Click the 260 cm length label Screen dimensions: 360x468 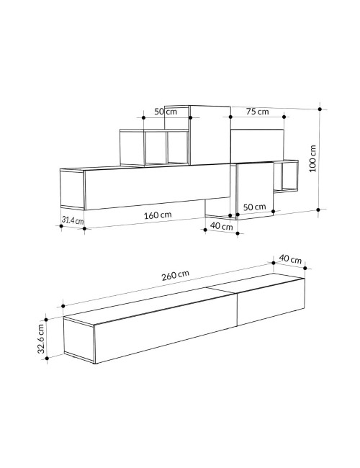click(x=175, y=276)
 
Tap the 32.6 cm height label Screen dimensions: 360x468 click(x=41, y=338)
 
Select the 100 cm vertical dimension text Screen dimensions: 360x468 click(x=312, y=158)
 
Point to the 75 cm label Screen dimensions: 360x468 click(x=257, y=112)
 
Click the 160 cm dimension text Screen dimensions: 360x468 click(x=158, y=215)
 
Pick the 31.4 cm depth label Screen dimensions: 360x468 click(x=73, y=220)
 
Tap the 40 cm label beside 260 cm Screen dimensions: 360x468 click(x=290, y=258)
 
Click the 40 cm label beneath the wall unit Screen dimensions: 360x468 click(x=221, y=226)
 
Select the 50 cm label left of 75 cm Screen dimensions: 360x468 click(x=166, y=112)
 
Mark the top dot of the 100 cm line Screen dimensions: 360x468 click(x=320, y=109)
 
